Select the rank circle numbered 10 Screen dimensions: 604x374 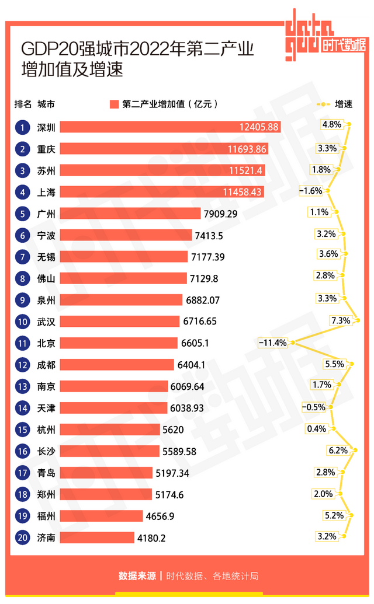tap(22, 321)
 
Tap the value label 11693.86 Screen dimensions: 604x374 tap(247, 149)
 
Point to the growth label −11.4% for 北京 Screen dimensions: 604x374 tap(273, 343)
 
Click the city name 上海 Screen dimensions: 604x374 tap(46, 191)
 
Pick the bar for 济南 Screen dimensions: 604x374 tap(97, 537)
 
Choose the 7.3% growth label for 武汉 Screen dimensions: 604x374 tap(340, 320)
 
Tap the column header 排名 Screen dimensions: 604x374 tap(23, 104)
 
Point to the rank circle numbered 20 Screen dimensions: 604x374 tap(22, 537)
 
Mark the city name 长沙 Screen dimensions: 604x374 tap(46, 451)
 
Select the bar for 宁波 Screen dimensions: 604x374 tap(126, 235)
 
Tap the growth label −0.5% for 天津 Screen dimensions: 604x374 tap(313, 407)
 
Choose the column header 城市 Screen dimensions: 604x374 tap(46, 104)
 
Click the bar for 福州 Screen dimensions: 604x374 tap(101, 515)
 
